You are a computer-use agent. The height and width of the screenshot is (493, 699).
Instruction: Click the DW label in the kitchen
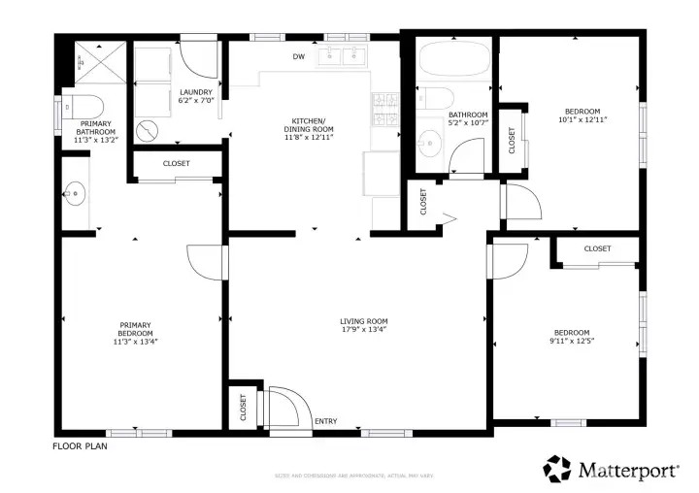[299, 56]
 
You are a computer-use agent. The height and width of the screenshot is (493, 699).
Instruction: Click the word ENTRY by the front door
[326, 421]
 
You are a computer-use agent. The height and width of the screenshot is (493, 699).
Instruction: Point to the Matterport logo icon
[557, 470]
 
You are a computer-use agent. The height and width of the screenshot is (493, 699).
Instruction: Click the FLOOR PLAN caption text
[80, 447]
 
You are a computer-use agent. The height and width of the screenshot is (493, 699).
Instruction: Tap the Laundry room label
[196, 93]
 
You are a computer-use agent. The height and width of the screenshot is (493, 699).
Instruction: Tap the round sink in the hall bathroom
[425, 146]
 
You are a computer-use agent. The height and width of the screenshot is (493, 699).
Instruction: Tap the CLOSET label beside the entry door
[244, 407]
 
